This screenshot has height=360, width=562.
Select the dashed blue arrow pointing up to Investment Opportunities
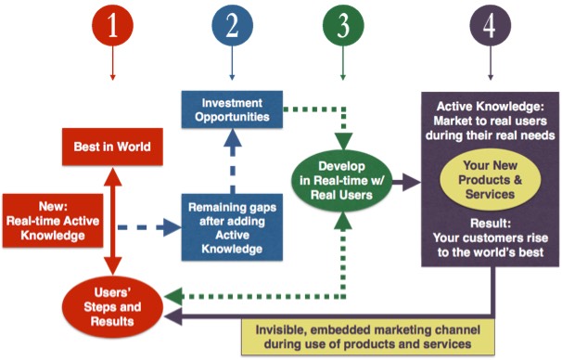(230, 162)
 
